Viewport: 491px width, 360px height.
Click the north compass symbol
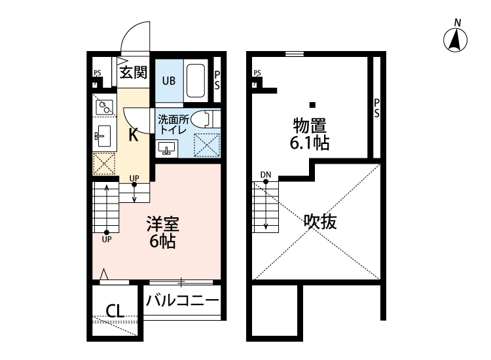[x=457, y=40]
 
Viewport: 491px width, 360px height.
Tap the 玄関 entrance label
[x=134, y=71]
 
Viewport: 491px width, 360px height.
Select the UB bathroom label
[x=168, y=81]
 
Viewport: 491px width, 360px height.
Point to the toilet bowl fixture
[x=204, y=118]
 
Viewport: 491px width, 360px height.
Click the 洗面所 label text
[x=172, y=118]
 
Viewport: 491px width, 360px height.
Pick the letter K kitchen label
[x=133, y=135]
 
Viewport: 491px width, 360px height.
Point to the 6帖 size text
[x=161, y=242]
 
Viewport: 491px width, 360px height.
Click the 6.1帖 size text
[x=310, y=143]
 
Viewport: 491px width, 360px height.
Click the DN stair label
[x=265, y=174]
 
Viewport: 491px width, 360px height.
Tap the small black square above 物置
[x=313, y=105]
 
